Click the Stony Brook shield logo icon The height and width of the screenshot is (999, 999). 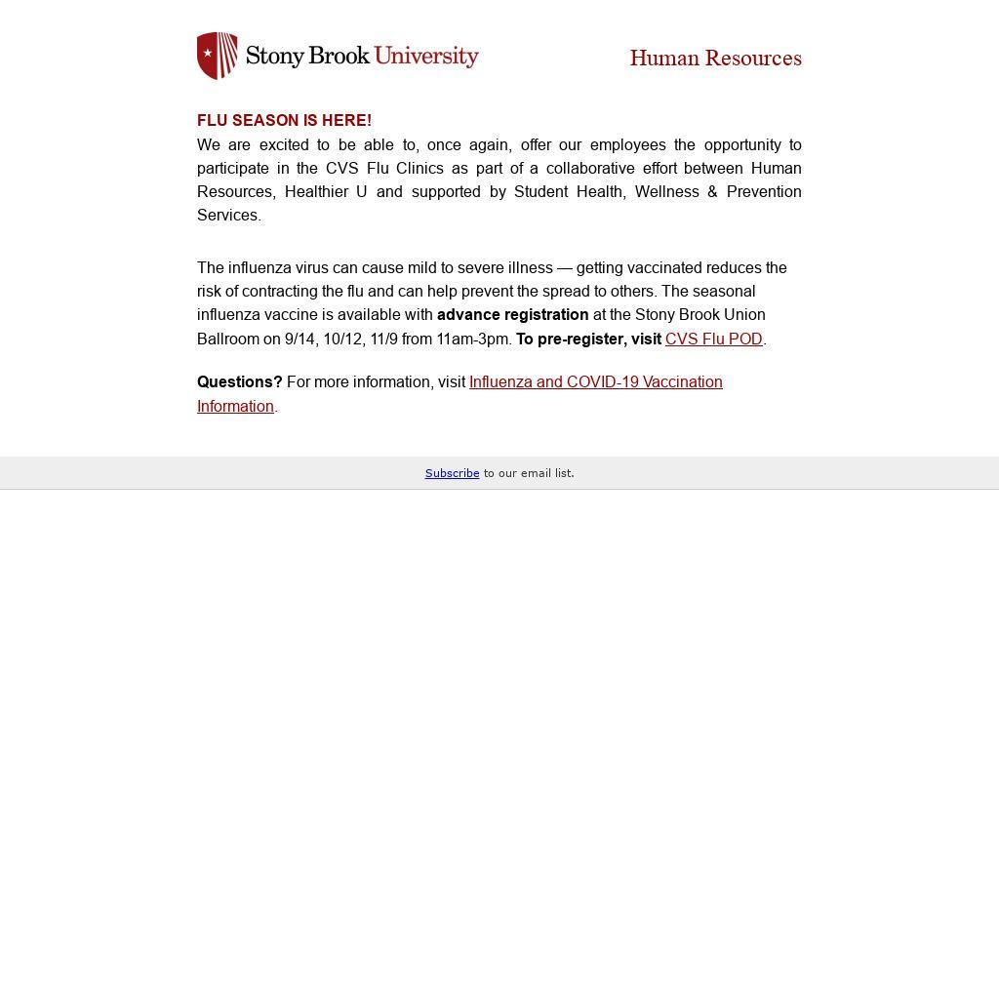218,56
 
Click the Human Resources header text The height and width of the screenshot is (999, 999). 715,59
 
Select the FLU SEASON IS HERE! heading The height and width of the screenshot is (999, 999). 284,121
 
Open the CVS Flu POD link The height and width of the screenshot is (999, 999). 713,340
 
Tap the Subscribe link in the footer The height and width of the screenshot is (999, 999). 452,473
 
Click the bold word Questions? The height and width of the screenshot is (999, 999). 239,382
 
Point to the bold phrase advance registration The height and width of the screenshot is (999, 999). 512,315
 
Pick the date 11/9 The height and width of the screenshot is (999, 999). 383,340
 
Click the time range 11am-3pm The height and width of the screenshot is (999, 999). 473,340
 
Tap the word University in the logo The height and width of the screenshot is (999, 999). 426,56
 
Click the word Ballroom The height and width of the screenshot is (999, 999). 227,340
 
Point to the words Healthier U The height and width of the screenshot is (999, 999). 326,192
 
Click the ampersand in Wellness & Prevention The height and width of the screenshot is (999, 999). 713,192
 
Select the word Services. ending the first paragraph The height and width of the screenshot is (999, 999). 228,216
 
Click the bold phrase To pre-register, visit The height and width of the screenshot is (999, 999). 588,340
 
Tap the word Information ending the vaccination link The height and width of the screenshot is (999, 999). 235,407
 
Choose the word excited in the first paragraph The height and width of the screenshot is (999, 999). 284,145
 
